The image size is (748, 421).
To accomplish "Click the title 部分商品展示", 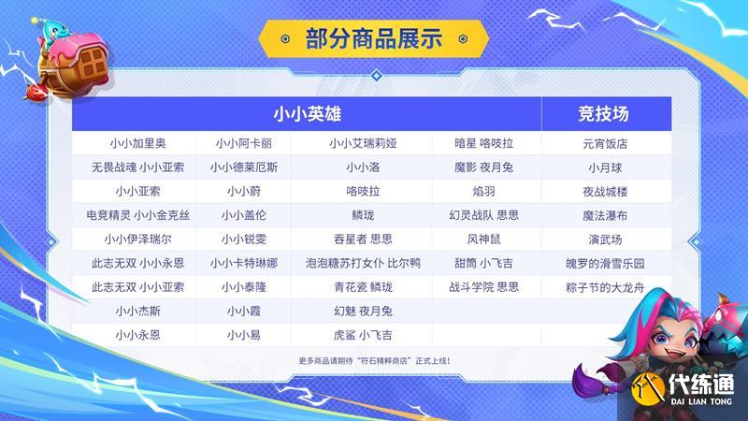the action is pos(373,38).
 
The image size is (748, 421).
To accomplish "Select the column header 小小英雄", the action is pos(307,114).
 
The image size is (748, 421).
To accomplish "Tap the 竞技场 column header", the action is pos(603,114).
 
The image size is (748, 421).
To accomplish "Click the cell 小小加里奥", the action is pos(137,144).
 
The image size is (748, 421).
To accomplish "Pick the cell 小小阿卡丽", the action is pos(244,144).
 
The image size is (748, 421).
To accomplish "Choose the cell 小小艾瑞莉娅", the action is pos(363,144).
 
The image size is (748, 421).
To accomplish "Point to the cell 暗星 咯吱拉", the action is pos(483,144).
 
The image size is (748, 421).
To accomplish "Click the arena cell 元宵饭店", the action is pos(605,144).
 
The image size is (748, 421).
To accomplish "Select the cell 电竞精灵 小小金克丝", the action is pos(137,215).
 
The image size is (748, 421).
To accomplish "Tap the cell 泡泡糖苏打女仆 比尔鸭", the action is pos(363,263).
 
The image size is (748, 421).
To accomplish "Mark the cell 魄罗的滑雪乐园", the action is pos(605,264).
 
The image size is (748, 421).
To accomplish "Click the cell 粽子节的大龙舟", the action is pos(605,287).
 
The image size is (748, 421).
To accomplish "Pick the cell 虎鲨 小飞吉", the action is pos(363,335).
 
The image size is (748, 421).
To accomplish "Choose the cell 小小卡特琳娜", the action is pos(244,263).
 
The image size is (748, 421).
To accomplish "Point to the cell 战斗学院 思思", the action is pos(483,287).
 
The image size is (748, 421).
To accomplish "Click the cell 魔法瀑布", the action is pos(605,216).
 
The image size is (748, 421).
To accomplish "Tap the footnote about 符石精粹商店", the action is pos(375,361).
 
